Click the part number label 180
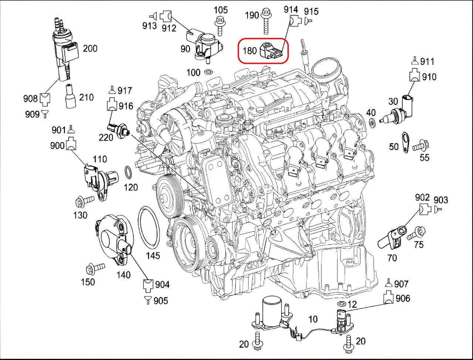click(250, 50)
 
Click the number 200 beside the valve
click(90, 48)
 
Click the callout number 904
click(162, 285)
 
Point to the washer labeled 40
click(372, 122)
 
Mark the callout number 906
click(403, 298)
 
